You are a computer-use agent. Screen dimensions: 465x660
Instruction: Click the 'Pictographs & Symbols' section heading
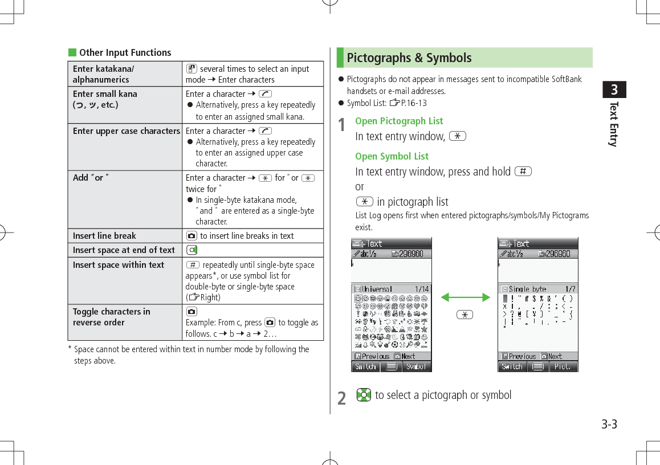coord(409,58)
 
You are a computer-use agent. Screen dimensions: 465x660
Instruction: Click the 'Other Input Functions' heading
coord(125,52)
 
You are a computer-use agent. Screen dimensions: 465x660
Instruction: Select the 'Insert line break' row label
coord(104,236)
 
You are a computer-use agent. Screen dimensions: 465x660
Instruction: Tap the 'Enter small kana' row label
coord(105,94)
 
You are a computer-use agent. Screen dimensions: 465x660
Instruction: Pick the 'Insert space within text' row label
coord(118,265)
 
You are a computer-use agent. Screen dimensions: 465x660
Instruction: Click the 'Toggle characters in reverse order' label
coord(111,317)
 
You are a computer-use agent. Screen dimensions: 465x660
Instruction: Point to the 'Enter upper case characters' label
coord(126,131)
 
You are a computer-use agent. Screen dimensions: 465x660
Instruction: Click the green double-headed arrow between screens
coord(465,297)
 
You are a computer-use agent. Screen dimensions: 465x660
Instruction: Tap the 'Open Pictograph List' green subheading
coord(398,121)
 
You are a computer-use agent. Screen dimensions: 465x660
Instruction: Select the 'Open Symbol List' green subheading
coord(392,156)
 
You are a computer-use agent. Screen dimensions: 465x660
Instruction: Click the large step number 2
coord(341,398)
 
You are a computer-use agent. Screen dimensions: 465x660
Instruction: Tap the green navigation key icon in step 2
coord(364,394)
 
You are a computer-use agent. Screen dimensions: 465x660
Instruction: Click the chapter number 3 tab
coord(614,90)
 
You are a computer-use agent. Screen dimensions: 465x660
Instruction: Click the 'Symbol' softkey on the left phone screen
coord(416,366)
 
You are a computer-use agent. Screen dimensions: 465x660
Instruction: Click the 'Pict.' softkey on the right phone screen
coord(563,366)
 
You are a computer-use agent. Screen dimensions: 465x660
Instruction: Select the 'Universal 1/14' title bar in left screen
coord(391,289)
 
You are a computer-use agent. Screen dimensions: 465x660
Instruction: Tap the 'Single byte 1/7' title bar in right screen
coord(537,289)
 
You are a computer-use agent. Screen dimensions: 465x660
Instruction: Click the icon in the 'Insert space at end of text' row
coord(192,250)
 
